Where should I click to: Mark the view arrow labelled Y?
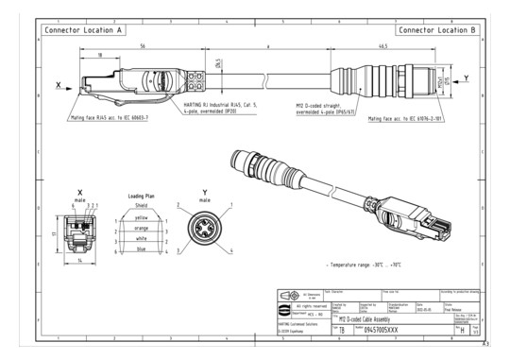point(467,78)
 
